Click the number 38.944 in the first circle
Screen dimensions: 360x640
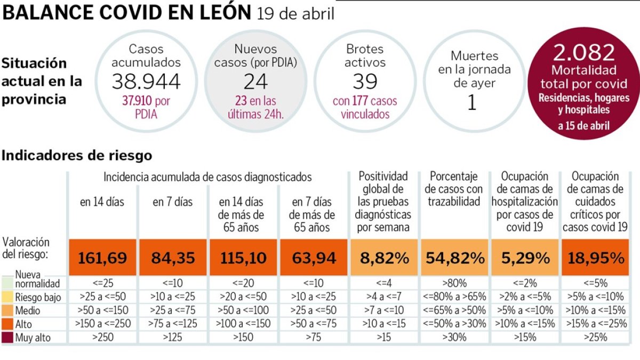(x=146, y=81)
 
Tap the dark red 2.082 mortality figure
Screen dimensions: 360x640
(x=585, y=53)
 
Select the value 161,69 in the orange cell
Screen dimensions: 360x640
(x=102, y=258)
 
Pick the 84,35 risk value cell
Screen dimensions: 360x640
(x=173, y=258)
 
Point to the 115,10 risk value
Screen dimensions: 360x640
(x=244, y=258)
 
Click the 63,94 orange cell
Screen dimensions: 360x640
(x=314, y=258)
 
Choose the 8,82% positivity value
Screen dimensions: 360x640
(x=385, y=258)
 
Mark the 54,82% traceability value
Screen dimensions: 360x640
(x=455, y=258)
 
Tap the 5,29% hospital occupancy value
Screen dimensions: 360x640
(x=525, y=258)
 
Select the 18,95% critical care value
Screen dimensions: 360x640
(x=596, y=258)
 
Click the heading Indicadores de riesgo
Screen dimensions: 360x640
(x=77, y=156)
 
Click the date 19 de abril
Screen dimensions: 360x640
(x=295, y=13)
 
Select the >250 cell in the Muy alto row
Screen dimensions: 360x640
(x=102, y=337)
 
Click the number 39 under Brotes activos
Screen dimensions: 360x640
(x=365, y=82)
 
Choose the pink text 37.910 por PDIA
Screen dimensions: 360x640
(x=146, y=107)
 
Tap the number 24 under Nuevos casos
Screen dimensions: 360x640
(x=255, y=82)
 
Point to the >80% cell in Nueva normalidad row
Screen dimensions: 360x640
(x=455, y=283)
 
